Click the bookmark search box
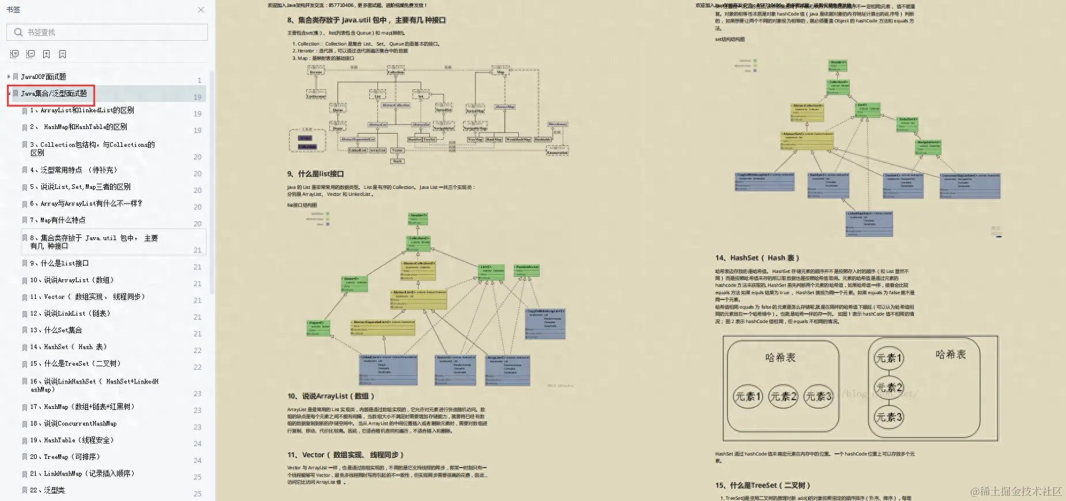(109, 32)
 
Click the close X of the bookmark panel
(200, 10)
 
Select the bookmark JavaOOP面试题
(44, 77)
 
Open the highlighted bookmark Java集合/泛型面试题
(54, 93)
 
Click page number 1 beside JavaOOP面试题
(199, 81)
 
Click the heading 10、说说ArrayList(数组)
(331, 396)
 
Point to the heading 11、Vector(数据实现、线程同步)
(346, 455)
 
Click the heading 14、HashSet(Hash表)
(757, 258)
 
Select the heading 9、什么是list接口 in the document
(316, 174)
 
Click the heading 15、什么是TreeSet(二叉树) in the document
(762, 485)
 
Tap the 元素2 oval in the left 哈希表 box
(783, 396)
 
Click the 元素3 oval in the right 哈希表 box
(889, 417)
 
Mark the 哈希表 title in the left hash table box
(780, 358)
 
